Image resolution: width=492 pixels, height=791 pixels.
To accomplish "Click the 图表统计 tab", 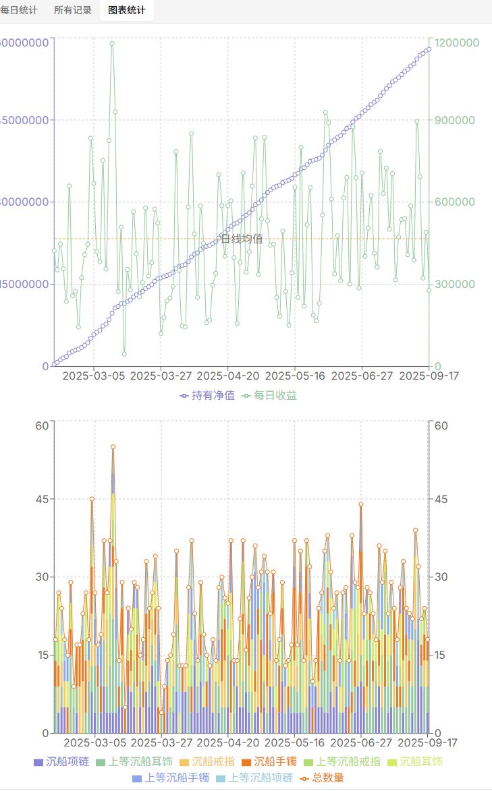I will coord(126,11).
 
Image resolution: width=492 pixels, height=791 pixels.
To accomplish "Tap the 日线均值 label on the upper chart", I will coord(242,239).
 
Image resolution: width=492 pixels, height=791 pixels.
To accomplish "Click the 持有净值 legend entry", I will coord(208,395).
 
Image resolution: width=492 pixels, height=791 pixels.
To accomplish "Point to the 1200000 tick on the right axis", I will coord(457,42).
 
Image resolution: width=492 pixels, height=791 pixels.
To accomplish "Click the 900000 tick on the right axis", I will coord(454,120).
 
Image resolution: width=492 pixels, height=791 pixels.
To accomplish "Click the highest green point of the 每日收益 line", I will coord(112,44).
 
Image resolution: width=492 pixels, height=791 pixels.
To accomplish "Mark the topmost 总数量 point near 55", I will coord(113,447).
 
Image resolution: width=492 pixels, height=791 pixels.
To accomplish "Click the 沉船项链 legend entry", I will coord(61,761).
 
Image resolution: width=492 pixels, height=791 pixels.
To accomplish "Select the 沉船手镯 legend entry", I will coord(269,761).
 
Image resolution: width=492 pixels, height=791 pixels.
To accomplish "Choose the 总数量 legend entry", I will coord(322,778).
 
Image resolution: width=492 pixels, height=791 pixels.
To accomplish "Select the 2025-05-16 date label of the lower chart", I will coord(294,742).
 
